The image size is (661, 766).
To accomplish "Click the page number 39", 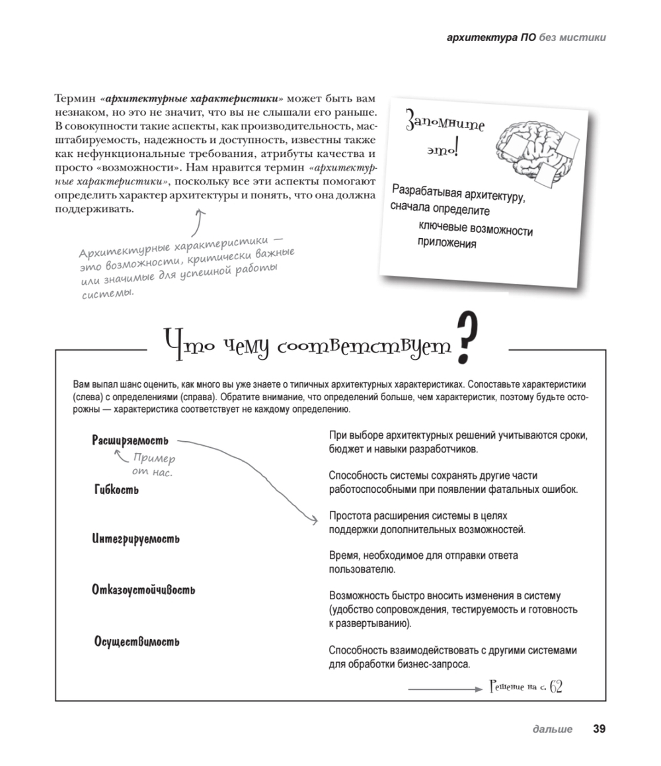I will coord(599,730).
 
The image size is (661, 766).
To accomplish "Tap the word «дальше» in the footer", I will coord(552,730).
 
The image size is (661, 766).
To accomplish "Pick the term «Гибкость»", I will coord(116,490).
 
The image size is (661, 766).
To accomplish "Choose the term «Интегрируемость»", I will coord(136,540).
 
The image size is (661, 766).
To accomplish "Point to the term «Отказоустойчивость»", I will coord(143,590).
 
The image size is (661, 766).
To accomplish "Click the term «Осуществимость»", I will coord(137,642).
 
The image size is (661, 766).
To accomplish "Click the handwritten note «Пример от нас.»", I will coord(153,465).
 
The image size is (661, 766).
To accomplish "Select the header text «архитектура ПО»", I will coord(491,38).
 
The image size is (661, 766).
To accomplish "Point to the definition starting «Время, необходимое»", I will coord(423,562).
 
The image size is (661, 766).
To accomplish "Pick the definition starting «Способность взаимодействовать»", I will coord(453,658).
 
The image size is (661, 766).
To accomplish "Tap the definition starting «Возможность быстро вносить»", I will coord(453,609).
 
